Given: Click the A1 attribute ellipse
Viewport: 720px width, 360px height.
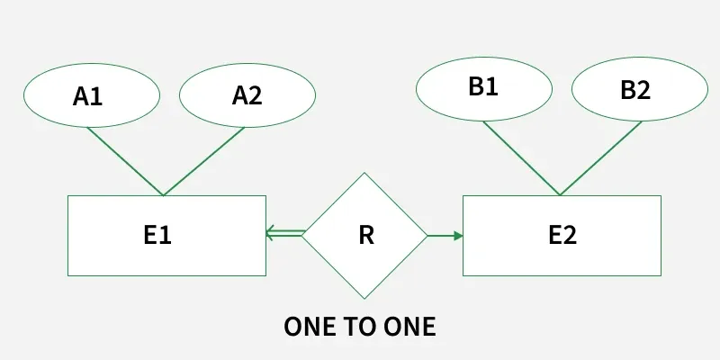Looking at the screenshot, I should pyautogui.click(x=90, y=94).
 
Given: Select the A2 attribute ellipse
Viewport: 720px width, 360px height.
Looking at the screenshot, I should pyautogui.click(x=247, y=94).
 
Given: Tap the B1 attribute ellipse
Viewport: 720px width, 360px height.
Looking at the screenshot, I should pyautogui.click(x=483, y=87).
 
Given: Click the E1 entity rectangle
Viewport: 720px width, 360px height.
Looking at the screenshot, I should pyautogui.click(x=108, y=236).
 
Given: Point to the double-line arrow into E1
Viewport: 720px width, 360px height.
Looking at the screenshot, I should pyautogui.click(x=286, y=235).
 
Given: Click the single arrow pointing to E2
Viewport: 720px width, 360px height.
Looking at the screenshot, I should pyautogui.click(x=443, y=236).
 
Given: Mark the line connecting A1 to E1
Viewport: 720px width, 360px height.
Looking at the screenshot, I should pyautogui.click(x=124, y=161).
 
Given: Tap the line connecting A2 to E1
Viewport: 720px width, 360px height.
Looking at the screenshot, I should pyautogui.click(x=203, y=161).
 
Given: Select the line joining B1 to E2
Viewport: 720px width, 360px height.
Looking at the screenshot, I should pyautogui.click(x=521, y=157).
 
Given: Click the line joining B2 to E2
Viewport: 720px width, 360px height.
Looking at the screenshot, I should pyautogui.click(x=600, y=157).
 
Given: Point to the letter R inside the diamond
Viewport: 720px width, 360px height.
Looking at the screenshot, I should pyautogui.click(x=365, y=236).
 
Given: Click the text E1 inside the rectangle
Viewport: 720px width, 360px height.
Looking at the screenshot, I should pyautogui.click(x=157, y=236).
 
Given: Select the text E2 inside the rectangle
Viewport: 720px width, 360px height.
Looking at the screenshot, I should pyautogui.click(x=562, y=236).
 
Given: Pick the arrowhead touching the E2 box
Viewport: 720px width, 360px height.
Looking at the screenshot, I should pyautogui.click(x=458, y=236).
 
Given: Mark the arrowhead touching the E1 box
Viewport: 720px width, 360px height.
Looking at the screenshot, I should pyautogui.click(x=270, y=235).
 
